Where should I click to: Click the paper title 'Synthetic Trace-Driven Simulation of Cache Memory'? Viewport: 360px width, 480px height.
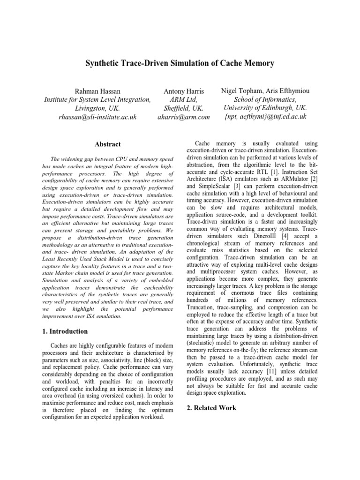click(x=180, y=63)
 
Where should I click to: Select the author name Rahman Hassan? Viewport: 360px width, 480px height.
click(x=97, y=90)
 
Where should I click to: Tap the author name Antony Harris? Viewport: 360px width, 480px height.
click(x=183, y=90)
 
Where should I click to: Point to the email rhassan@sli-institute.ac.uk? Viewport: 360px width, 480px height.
click(x=97, y=117)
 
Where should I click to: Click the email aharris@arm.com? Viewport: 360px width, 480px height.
click(x=183, y=117)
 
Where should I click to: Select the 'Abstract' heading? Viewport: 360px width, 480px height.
click(x=107, y=144)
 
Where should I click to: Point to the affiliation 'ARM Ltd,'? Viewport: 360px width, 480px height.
click(x=183, y=99)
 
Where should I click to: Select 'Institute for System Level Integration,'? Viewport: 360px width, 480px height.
click(x=97, y=99)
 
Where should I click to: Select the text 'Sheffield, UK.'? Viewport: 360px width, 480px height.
click(x=183, y=108)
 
